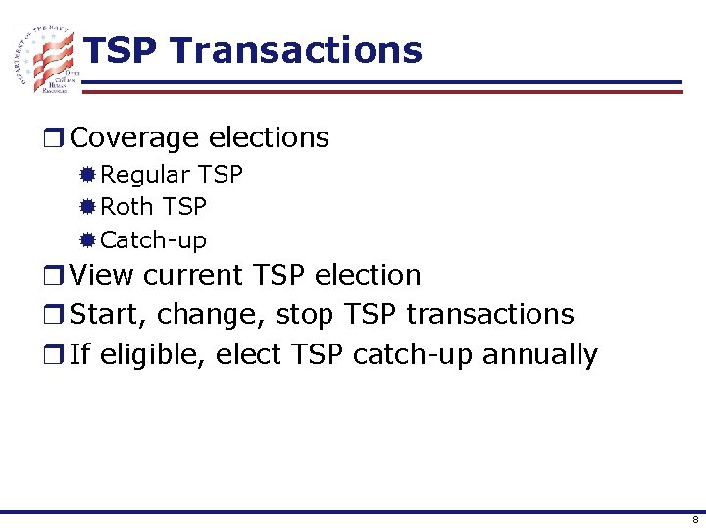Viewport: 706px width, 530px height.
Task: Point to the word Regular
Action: coord(146,175)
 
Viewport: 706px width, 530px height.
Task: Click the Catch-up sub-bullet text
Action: coord(154,240)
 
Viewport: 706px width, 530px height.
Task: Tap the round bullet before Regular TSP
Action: coord(87,175)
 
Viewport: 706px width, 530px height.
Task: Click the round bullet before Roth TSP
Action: coord(87,207)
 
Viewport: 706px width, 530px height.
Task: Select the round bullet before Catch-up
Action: coord(87,239)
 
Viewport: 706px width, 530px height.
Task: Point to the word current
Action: coord(197,275)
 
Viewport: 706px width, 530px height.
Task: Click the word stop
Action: coord(305,315)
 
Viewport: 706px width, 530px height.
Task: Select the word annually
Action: coord(539,354)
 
